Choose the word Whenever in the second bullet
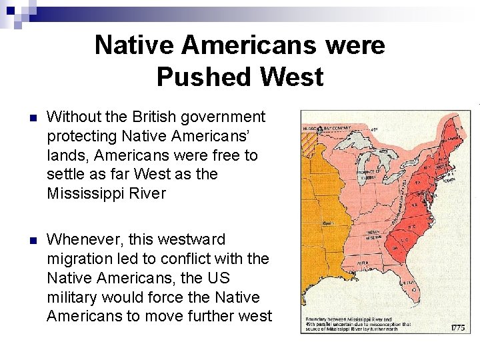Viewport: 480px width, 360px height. (87, 239)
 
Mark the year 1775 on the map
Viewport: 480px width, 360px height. (457, 327)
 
